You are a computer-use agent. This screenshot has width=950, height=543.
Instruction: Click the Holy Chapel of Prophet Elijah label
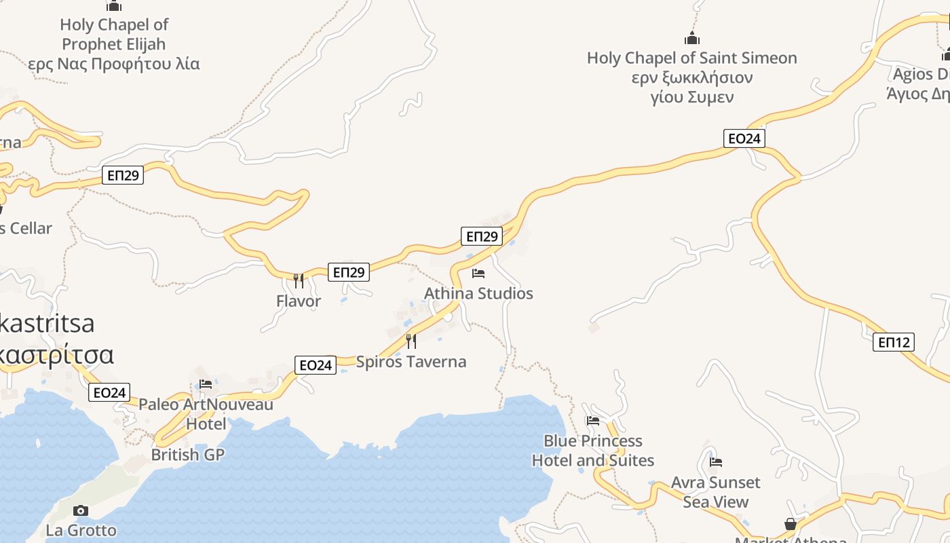[x=114, y=44]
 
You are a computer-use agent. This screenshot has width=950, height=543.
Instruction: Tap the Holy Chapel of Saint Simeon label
[x=691, y=77]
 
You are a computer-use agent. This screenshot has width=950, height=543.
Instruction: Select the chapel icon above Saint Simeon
[x=692, y=38]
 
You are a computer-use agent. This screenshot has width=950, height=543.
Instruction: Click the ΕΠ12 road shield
[x=893, y=342]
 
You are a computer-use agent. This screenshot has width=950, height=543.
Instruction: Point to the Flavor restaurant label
[x=299, y=301]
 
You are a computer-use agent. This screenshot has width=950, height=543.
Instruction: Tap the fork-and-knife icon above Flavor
[x=299, y=280]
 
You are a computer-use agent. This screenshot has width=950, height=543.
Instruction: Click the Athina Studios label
[x=478, y=293]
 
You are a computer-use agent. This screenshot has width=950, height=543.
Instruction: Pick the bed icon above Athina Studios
[x=478, y=274]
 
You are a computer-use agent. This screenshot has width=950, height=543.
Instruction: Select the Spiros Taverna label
[x=411, y=361]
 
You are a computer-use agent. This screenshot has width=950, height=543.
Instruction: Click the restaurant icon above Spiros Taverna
[x=411, y=341]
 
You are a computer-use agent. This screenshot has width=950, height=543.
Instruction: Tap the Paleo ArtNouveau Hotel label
[x=206, y=414]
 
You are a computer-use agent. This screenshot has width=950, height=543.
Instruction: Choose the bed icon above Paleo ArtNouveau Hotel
[x=206, y=384]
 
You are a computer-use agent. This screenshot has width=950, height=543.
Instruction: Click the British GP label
[x=187, y=454]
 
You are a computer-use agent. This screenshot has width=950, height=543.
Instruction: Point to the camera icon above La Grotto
[x=81, y=510]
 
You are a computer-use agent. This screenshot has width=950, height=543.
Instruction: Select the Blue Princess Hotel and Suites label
[x=593, y=451]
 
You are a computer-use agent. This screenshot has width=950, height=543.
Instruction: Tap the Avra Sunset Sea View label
[x=715, y=492]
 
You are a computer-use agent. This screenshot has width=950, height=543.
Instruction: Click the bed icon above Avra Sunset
[x=715, y=462]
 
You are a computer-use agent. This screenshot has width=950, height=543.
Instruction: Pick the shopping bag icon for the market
[x=791, y=525]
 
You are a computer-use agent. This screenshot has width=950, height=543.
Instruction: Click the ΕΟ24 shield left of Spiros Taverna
[x=316, y=365]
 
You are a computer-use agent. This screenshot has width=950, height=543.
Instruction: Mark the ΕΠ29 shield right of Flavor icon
[x=349, y=272]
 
